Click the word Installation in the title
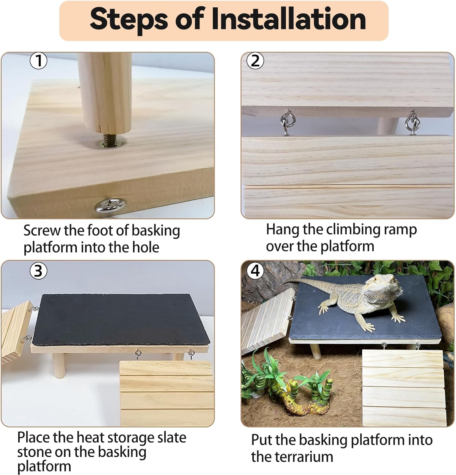288,19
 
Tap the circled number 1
38,60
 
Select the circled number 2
255,60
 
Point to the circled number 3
38,271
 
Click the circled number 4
255,271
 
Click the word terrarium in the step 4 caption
292,457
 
